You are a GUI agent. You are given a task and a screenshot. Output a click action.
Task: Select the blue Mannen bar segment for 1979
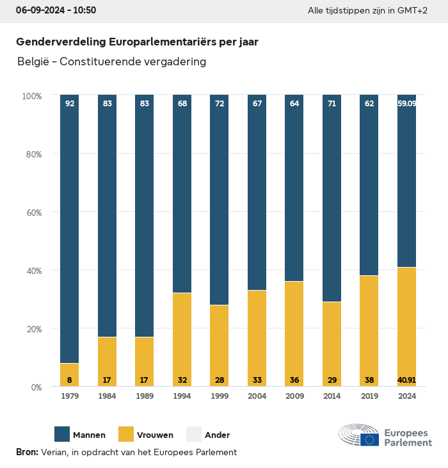click(69, 230)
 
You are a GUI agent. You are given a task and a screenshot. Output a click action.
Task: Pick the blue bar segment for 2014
click(332, 198)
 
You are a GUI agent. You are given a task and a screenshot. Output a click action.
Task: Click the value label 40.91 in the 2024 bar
click(406, 380)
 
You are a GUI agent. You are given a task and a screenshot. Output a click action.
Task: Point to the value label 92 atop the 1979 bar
click(70, 103)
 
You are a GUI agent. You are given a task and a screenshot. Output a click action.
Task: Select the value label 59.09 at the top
click(406, 103)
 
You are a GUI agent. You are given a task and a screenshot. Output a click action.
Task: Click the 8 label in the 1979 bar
click(70, 380)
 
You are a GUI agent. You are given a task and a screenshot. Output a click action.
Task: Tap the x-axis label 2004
click(257, 396)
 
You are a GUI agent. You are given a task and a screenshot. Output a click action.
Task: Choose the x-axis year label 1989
click(145, 396)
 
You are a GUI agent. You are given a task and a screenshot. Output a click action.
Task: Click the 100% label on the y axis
click(31, 95)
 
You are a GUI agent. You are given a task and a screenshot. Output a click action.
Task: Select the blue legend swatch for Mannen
click(62, 434)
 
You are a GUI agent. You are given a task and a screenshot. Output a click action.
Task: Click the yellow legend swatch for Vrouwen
click(126, 434)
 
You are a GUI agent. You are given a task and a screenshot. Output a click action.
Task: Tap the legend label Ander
click(217, 435)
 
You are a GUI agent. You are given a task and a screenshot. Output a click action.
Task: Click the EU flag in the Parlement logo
click(369, 439)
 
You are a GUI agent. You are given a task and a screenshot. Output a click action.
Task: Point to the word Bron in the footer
click(27, 452)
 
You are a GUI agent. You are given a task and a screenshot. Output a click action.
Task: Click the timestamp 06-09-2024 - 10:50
click(56, 11)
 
